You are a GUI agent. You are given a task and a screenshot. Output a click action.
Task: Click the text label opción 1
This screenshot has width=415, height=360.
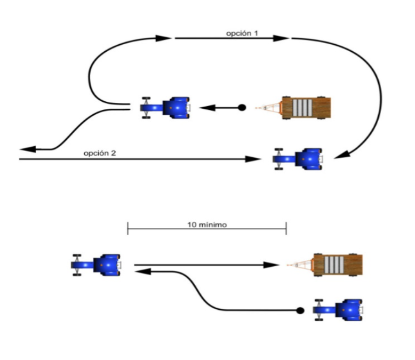pos(242,33)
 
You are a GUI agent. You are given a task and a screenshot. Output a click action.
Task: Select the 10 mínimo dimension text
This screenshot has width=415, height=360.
pos(207,225)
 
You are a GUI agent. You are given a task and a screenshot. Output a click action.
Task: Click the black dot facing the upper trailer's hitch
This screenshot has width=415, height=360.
pos(242,108)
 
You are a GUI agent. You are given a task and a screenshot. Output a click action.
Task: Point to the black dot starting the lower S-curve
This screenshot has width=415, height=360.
pos(300,310)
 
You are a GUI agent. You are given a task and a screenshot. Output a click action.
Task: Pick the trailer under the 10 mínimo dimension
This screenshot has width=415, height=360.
pos(337,265)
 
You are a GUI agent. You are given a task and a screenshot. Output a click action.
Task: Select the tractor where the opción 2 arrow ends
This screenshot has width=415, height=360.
pos(299,159)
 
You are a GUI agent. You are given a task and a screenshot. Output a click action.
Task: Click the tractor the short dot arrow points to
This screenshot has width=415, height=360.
pos(165,107)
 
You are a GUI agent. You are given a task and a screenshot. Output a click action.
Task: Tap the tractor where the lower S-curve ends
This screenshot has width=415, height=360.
pos(97,265)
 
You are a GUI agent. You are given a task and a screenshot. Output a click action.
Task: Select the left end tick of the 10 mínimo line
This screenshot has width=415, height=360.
pos(128,229)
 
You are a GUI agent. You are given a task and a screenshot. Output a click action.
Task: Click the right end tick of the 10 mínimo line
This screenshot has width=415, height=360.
pos(286,229)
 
